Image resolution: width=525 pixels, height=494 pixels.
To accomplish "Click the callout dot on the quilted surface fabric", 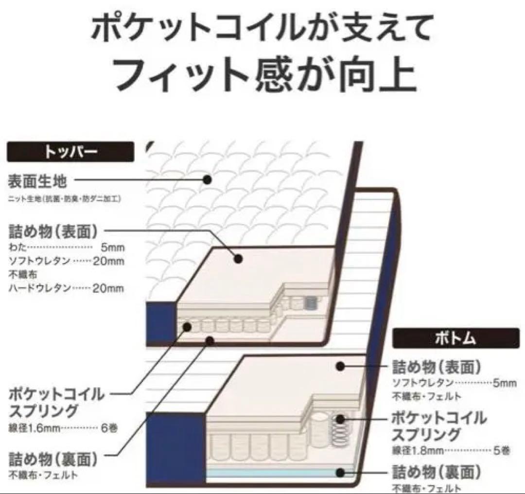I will (x=208, y=179).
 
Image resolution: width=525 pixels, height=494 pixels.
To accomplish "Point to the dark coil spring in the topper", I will (x=309, y=303).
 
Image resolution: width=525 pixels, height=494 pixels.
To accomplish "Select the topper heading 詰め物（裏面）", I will (x=53, y=458).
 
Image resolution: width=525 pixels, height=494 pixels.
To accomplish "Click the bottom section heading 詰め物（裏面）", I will (x=437, y=472).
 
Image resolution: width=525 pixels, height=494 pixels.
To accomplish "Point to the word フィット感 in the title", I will (x=194, y=74).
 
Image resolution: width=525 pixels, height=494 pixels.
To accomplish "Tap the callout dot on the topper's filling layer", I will (x=238, y=259).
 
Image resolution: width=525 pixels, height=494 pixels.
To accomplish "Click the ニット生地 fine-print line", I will (x=64, y=198).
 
